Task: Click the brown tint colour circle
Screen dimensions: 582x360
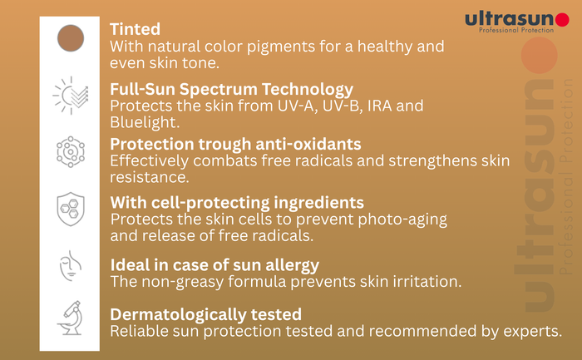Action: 71,38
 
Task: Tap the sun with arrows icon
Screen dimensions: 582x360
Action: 71,96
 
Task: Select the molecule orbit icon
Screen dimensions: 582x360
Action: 71,152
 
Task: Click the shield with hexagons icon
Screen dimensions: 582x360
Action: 71,209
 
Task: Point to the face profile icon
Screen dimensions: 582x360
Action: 71,266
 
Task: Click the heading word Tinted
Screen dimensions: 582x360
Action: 135,29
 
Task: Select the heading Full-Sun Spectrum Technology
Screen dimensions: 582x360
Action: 232,90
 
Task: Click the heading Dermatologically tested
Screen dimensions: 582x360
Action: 206,315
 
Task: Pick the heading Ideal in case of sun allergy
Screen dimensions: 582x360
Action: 215,265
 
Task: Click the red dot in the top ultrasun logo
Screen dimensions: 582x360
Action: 562,20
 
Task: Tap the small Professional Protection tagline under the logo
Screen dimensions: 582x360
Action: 516,30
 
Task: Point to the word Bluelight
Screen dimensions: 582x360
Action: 145,122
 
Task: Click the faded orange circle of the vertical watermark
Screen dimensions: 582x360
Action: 540,56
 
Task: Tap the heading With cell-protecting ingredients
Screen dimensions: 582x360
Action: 237,203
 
